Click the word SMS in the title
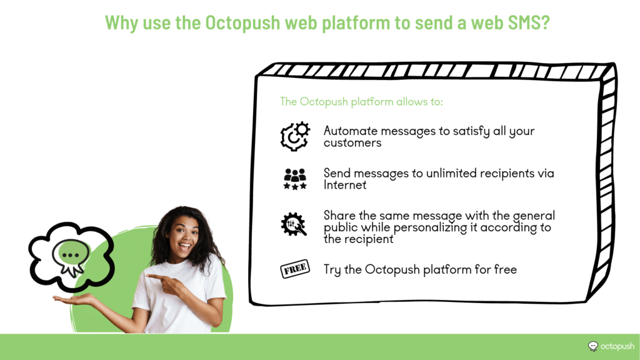[529, 22]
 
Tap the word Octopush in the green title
[242, 23]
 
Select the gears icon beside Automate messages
[295, 136]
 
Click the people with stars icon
[295, 179]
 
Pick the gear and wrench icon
[294, 224]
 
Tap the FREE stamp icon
[295, 269]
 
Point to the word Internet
[345, 185]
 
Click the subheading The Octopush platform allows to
[361, 102]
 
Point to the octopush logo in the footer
[611, 346]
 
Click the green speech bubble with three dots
[71, 255]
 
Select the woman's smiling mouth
[185, 246]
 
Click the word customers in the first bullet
[352, 143]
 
